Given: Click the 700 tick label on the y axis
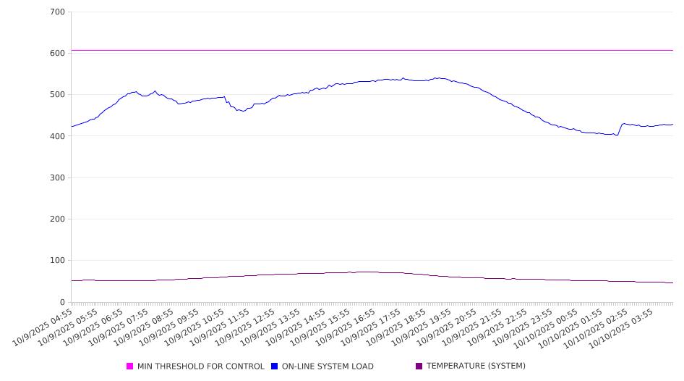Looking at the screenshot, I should (57, 12).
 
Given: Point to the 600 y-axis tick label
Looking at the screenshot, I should (57, 54).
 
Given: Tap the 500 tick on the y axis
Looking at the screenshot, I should (57, 95).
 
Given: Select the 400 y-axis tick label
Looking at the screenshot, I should (57, 136).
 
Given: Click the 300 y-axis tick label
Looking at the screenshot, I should (57, 178).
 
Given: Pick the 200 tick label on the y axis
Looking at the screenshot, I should (57, 219).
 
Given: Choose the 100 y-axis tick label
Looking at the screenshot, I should (57, 261).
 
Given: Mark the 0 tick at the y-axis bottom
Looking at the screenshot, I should (62, 303).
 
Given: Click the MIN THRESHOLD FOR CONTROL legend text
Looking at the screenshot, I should (200, 367).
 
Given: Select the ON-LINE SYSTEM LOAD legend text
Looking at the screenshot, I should (328, 367).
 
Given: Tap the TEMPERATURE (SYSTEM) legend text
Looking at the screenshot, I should (476, 367).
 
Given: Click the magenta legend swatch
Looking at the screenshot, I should (130, 367).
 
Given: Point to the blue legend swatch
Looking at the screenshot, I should (275, 367).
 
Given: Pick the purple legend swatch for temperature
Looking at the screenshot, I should (419, 367).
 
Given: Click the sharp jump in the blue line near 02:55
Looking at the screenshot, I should (620, 129).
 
